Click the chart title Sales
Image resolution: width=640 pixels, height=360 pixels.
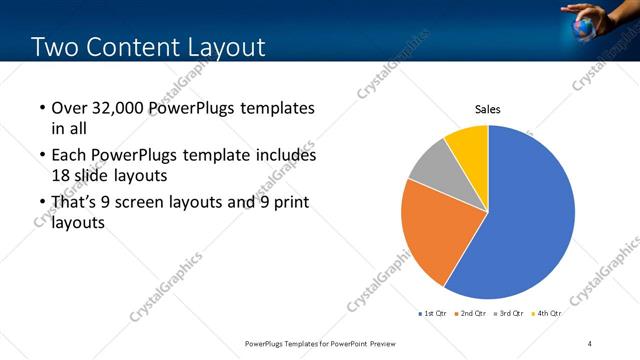click(x=487, y=110)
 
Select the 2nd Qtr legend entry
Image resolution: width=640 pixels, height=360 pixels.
click(x=471, y=313)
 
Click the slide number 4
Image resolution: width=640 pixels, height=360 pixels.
click(x=590, y=344)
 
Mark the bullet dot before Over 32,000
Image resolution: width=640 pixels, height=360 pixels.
click(x=41, y=108)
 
